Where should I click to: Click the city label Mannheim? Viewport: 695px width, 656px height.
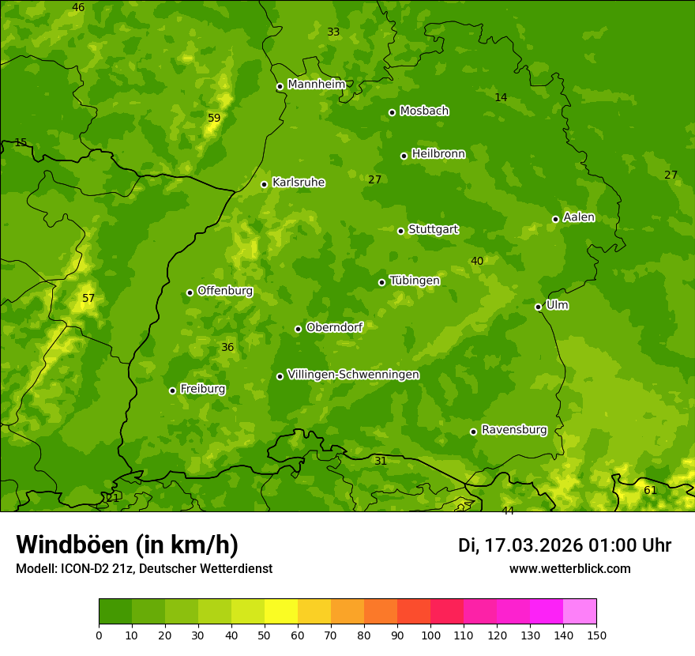[317, 85]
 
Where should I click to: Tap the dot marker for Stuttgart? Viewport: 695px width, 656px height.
[400, 231]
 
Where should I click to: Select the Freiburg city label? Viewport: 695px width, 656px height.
[203, 389]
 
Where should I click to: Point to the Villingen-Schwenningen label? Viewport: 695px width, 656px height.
[353, 375]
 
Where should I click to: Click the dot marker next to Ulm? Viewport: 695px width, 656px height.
[539, 307]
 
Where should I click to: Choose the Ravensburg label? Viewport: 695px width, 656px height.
[514, 430]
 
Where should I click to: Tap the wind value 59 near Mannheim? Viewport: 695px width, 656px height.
[214, 118]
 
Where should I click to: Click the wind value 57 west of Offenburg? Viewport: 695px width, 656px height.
[88, 298]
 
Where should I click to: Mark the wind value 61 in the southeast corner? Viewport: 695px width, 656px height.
[650, 490]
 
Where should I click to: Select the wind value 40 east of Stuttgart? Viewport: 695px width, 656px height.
[477, 261]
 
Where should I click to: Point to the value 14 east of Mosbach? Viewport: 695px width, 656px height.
[501, 97]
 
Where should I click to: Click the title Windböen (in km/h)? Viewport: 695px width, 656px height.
[127, 545]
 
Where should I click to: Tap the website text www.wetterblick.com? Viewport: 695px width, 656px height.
[570, 568]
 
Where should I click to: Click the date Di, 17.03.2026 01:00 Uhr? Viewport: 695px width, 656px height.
[565, 545]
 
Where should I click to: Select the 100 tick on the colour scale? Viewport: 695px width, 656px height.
[430, 634]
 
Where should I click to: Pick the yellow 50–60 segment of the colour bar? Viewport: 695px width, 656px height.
[281, 612]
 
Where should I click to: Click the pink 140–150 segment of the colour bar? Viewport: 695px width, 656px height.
[580, 612]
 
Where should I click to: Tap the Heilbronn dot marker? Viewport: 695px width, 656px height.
[404, 156]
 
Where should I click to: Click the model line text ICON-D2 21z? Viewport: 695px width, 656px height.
[94, 568]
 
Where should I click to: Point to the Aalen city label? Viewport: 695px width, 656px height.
[579, 217]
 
